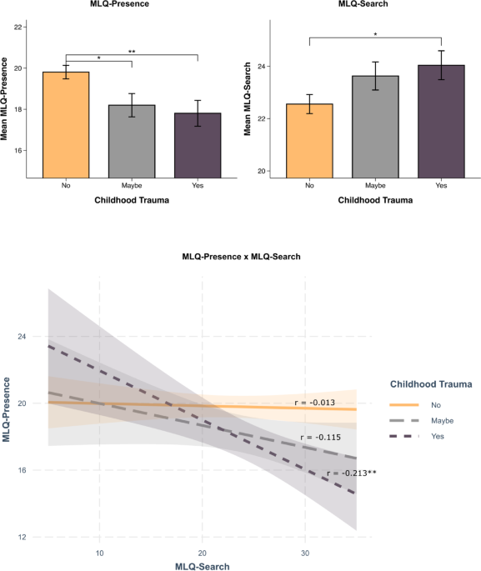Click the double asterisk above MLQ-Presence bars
(x=132, y=51)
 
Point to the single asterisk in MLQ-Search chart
(x=375, y=34)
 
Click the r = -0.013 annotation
(x=315, y=403)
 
